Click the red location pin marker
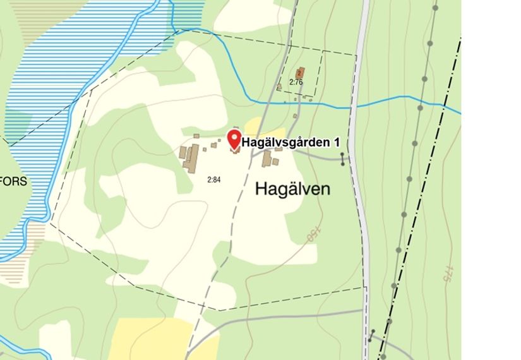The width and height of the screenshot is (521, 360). (x=234, y=138)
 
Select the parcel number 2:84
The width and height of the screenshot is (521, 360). (x=214, y=180)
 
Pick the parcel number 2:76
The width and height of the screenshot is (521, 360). (x=296, y=82)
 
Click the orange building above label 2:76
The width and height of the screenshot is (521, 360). (x=301, y=73)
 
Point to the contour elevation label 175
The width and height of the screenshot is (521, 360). (x=448, y=273)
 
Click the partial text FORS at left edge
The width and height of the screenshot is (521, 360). (x=14, y=181)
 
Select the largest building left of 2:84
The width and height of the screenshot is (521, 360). (x=190, y=156)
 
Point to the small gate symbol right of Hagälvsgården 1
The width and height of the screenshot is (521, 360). (x=342, y=159)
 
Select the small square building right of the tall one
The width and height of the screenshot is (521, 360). (x=275, y=162)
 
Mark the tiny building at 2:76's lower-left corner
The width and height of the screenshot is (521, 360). (x=279, y=88)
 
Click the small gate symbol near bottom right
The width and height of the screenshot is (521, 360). (x=373, y=335)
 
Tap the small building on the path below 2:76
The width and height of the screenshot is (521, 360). (x=295, y=116)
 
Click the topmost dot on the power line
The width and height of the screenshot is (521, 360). (x=436, y=8)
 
